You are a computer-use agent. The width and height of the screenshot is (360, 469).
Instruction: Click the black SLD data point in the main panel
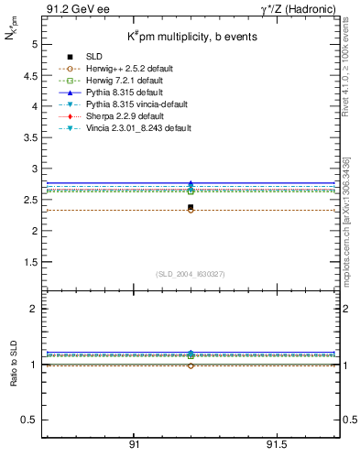pyautogui.click(x=191, y=207)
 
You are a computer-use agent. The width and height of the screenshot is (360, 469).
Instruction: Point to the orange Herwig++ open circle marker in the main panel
pyautogui.click(x=191, y=210)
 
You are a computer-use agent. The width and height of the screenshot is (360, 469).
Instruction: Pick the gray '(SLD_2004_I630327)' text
pyautogui.click(x=191, y=274)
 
